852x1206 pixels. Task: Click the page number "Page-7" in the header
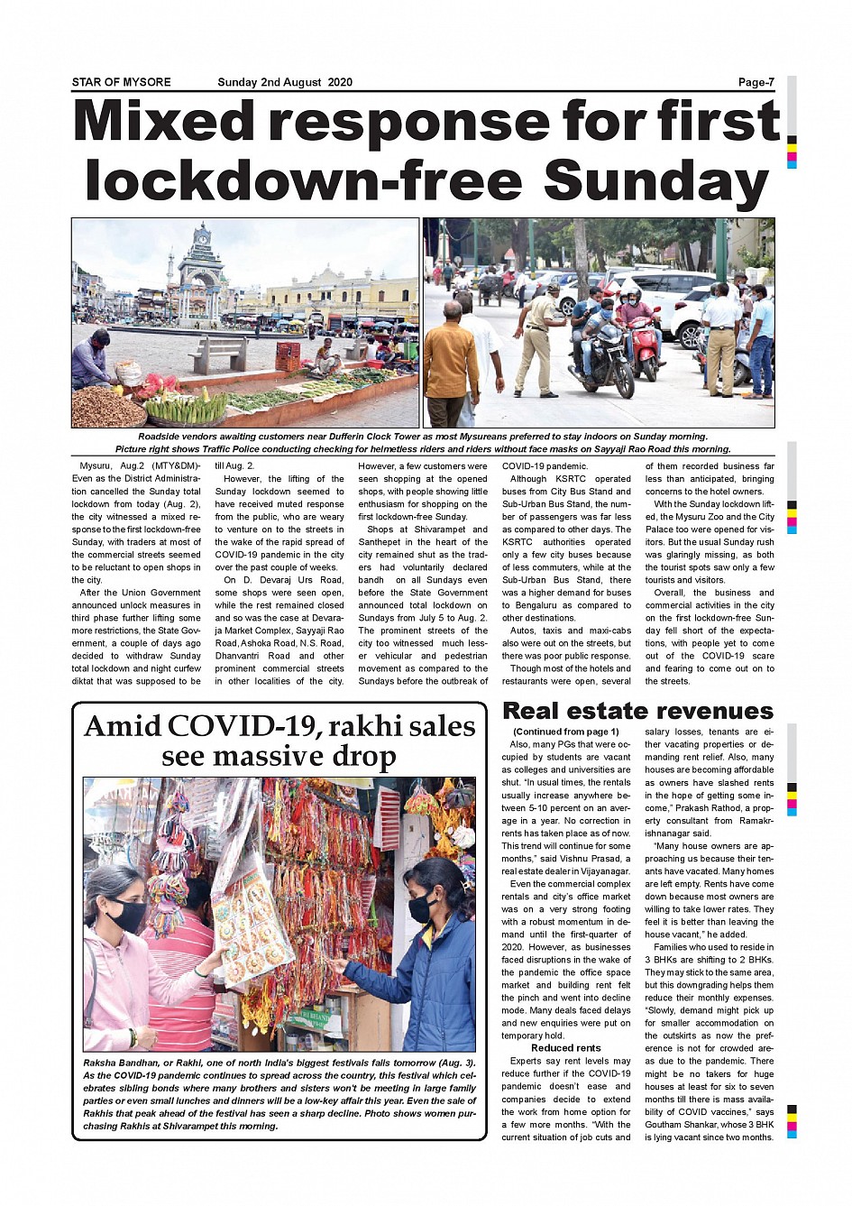coord(756,82)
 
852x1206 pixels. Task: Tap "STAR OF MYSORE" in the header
coord(121,82)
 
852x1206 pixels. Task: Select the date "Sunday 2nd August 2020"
coord(284,82)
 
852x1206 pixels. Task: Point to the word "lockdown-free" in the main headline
coord(304,180)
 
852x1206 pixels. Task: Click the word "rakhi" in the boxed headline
coord(354,727)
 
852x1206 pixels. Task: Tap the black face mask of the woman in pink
coord(128,916)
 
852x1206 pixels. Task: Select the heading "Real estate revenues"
coord(637,711)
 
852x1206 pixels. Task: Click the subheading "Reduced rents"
coord(566,1048)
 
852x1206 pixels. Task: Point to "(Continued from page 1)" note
coord(566,732)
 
